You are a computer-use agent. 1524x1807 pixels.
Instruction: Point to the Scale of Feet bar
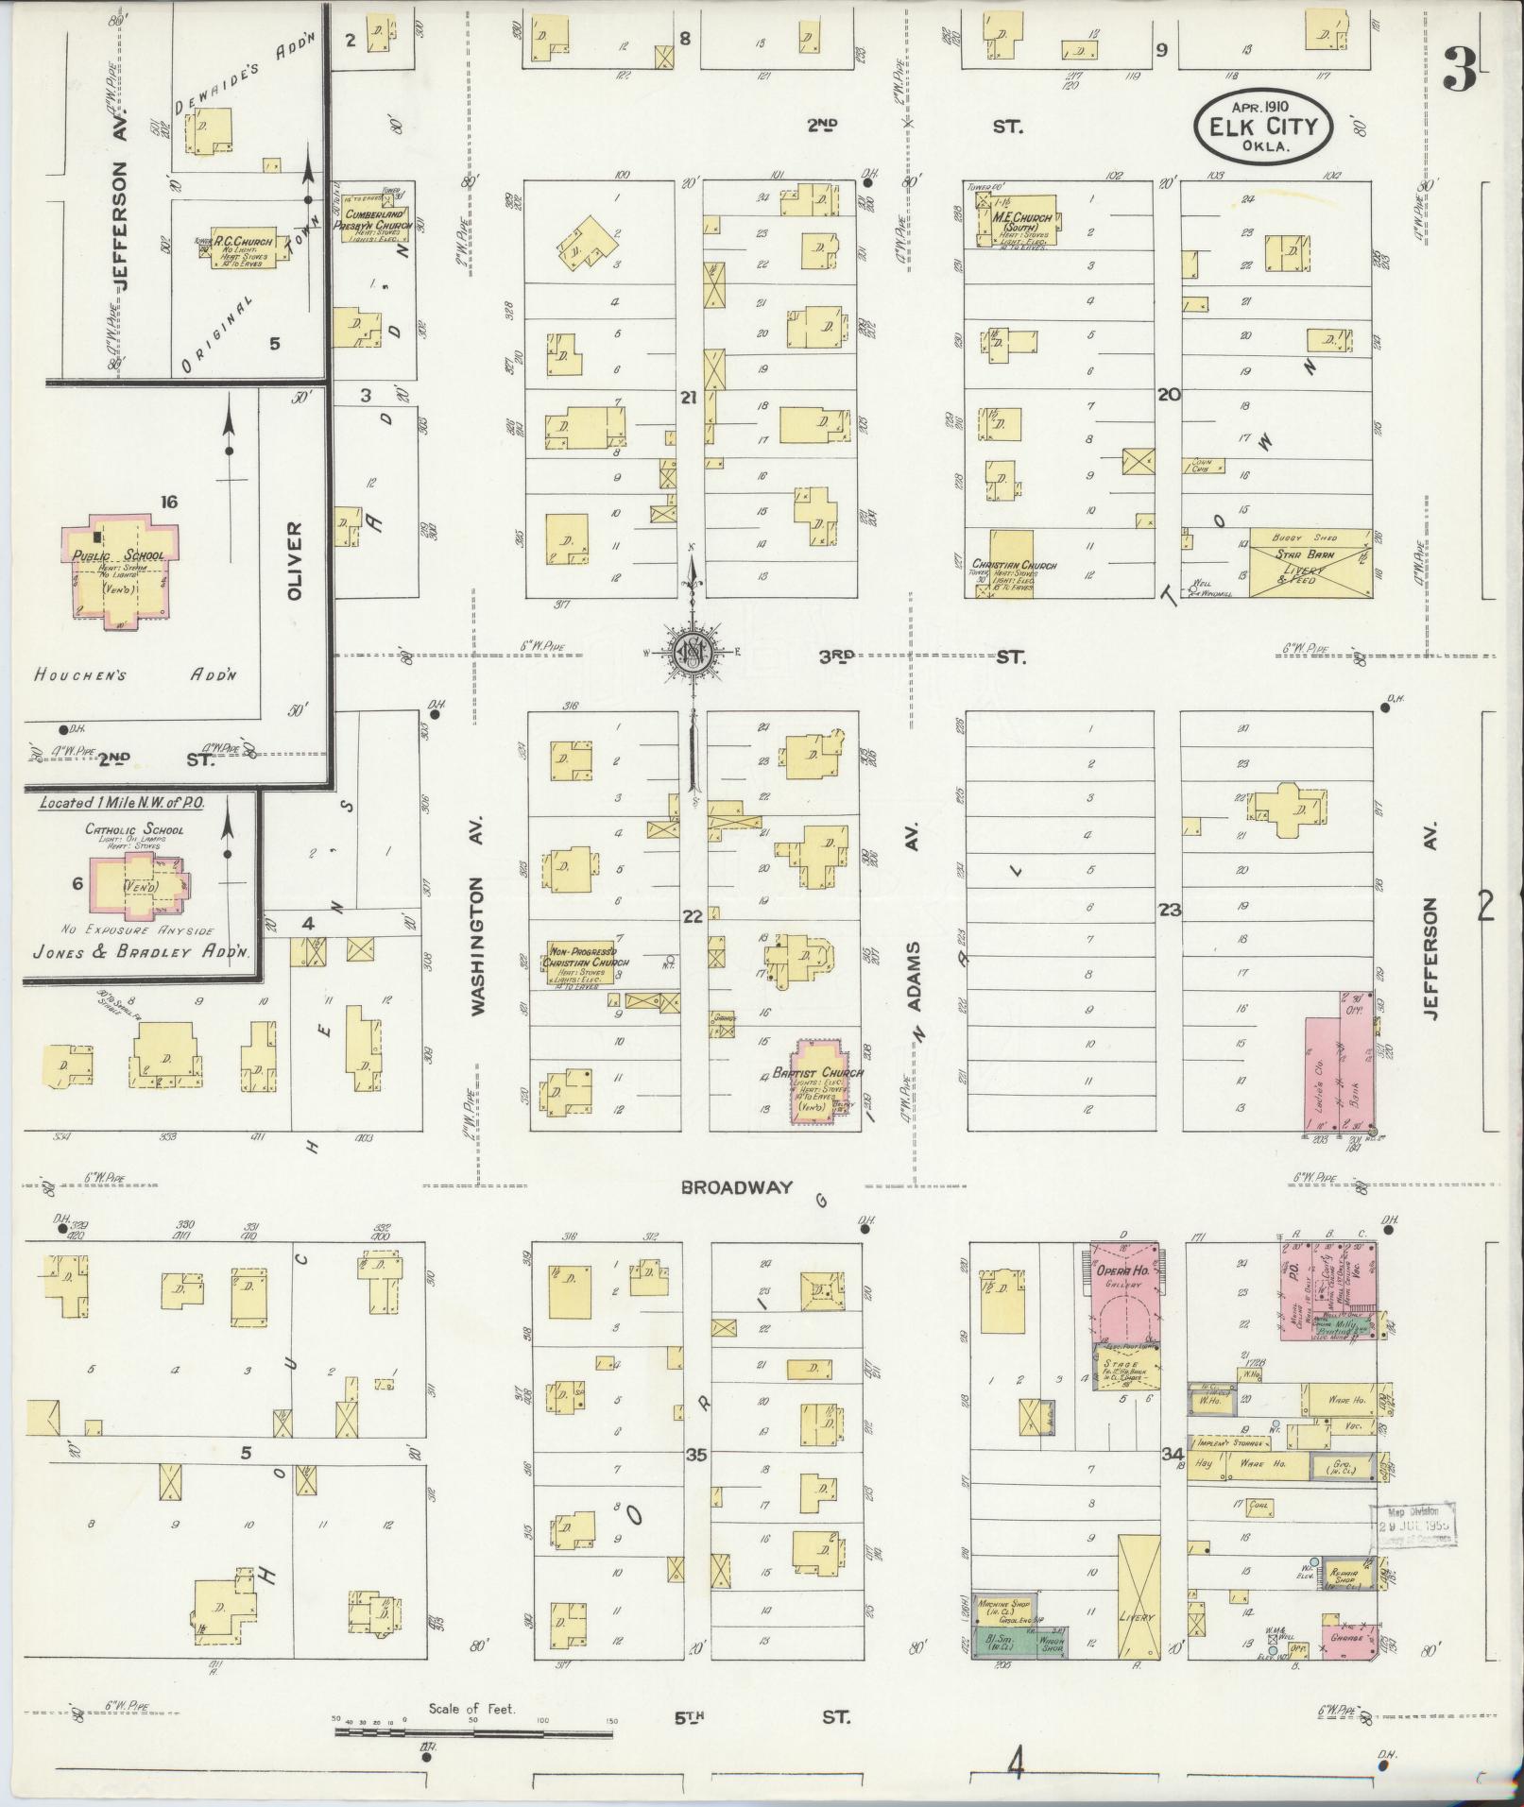[x=472, y=1733]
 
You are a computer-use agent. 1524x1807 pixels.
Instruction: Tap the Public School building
[x=118, y=571]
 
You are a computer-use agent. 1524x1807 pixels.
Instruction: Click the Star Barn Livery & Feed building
[x=1310, y=563]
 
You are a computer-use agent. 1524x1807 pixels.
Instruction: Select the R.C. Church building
[x=244, y=248]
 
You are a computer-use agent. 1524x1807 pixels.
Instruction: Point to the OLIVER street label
[x=295, y=560]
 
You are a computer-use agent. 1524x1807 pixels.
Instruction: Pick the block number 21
[x=688, y=398]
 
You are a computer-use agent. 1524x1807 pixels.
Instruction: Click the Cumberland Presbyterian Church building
[x=375, y=220]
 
